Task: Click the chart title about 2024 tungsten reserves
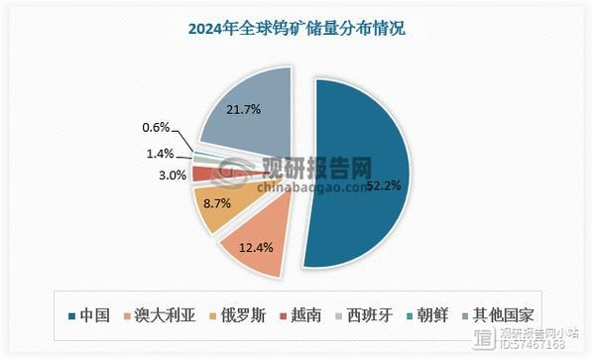(x=296, y=29)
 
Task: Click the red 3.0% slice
(x=201, y=174)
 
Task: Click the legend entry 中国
(x=92, y=315)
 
